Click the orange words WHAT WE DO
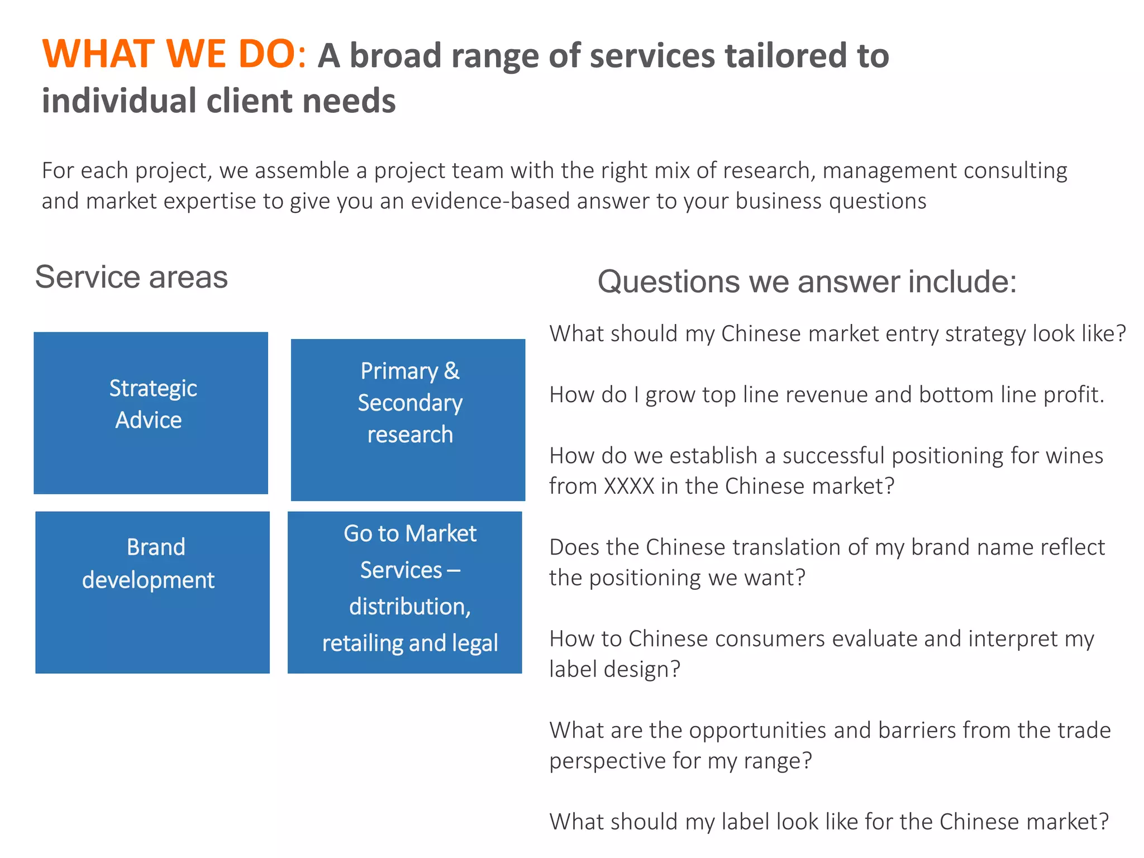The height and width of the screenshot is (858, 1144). (174, 54)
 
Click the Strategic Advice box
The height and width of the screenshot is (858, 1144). (151, 413)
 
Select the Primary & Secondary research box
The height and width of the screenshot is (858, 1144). (408, 420)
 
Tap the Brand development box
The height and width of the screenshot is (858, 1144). (152, 592)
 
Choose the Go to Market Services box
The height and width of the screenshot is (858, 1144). (405, 592)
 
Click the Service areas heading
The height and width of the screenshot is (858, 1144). (131, 277)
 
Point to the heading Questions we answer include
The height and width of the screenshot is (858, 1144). (807, 282)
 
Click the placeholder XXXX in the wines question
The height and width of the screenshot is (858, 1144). (629, 486)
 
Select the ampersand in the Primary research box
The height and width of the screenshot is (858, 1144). (451, 371)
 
